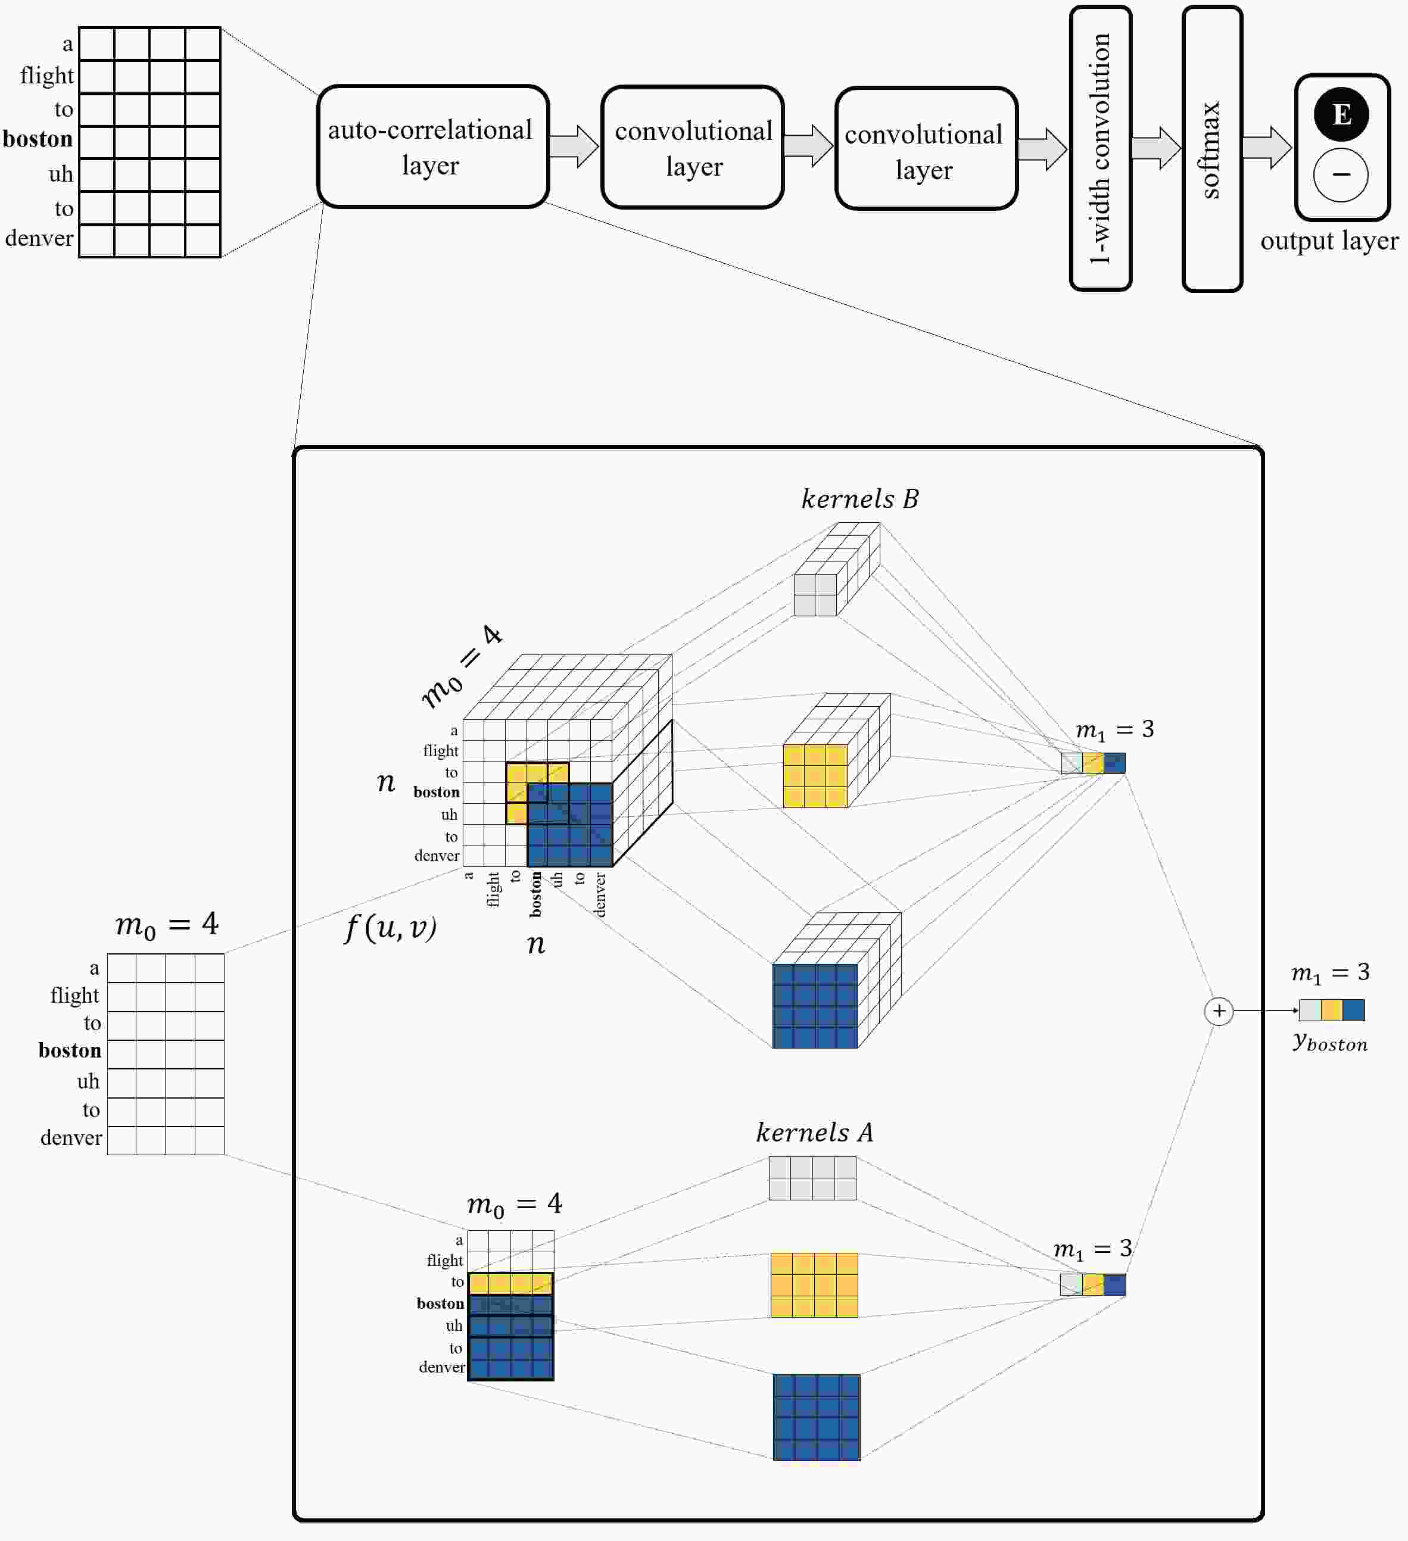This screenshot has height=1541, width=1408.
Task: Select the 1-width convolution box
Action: [1101, 148]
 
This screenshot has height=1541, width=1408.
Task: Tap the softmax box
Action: [1212, 148]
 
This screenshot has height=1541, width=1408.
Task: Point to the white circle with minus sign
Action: [1341, 175]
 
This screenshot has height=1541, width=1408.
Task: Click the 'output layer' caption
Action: [1329, 241]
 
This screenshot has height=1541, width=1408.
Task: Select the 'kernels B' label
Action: [860, 498]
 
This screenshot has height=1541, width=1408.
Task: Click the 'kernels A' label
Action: [814, 1132]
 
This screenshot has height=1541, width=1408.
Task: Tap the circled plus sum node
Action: [1219, 1010]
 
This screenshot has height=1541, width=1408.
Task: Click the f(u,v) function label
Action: [391, 928]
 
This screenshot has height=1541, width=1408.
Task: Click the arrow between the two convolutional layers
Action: [809, 145]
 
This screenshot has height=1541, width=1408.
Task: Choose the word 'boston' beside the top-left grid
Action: [38, 139]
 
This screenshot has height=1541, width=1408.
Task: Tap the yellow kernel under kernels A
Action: [814, 1285]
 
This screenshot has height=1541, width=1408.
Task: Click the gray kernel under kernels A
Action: [812, 1178]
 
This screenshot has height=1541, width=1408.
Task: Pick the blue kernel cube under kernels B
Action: [837, 980]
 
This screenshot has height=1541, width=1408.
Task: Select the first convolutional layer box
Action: [693, 146]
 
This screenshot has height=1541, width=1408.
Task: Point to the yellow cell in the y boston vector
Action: [1332, 1010]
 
